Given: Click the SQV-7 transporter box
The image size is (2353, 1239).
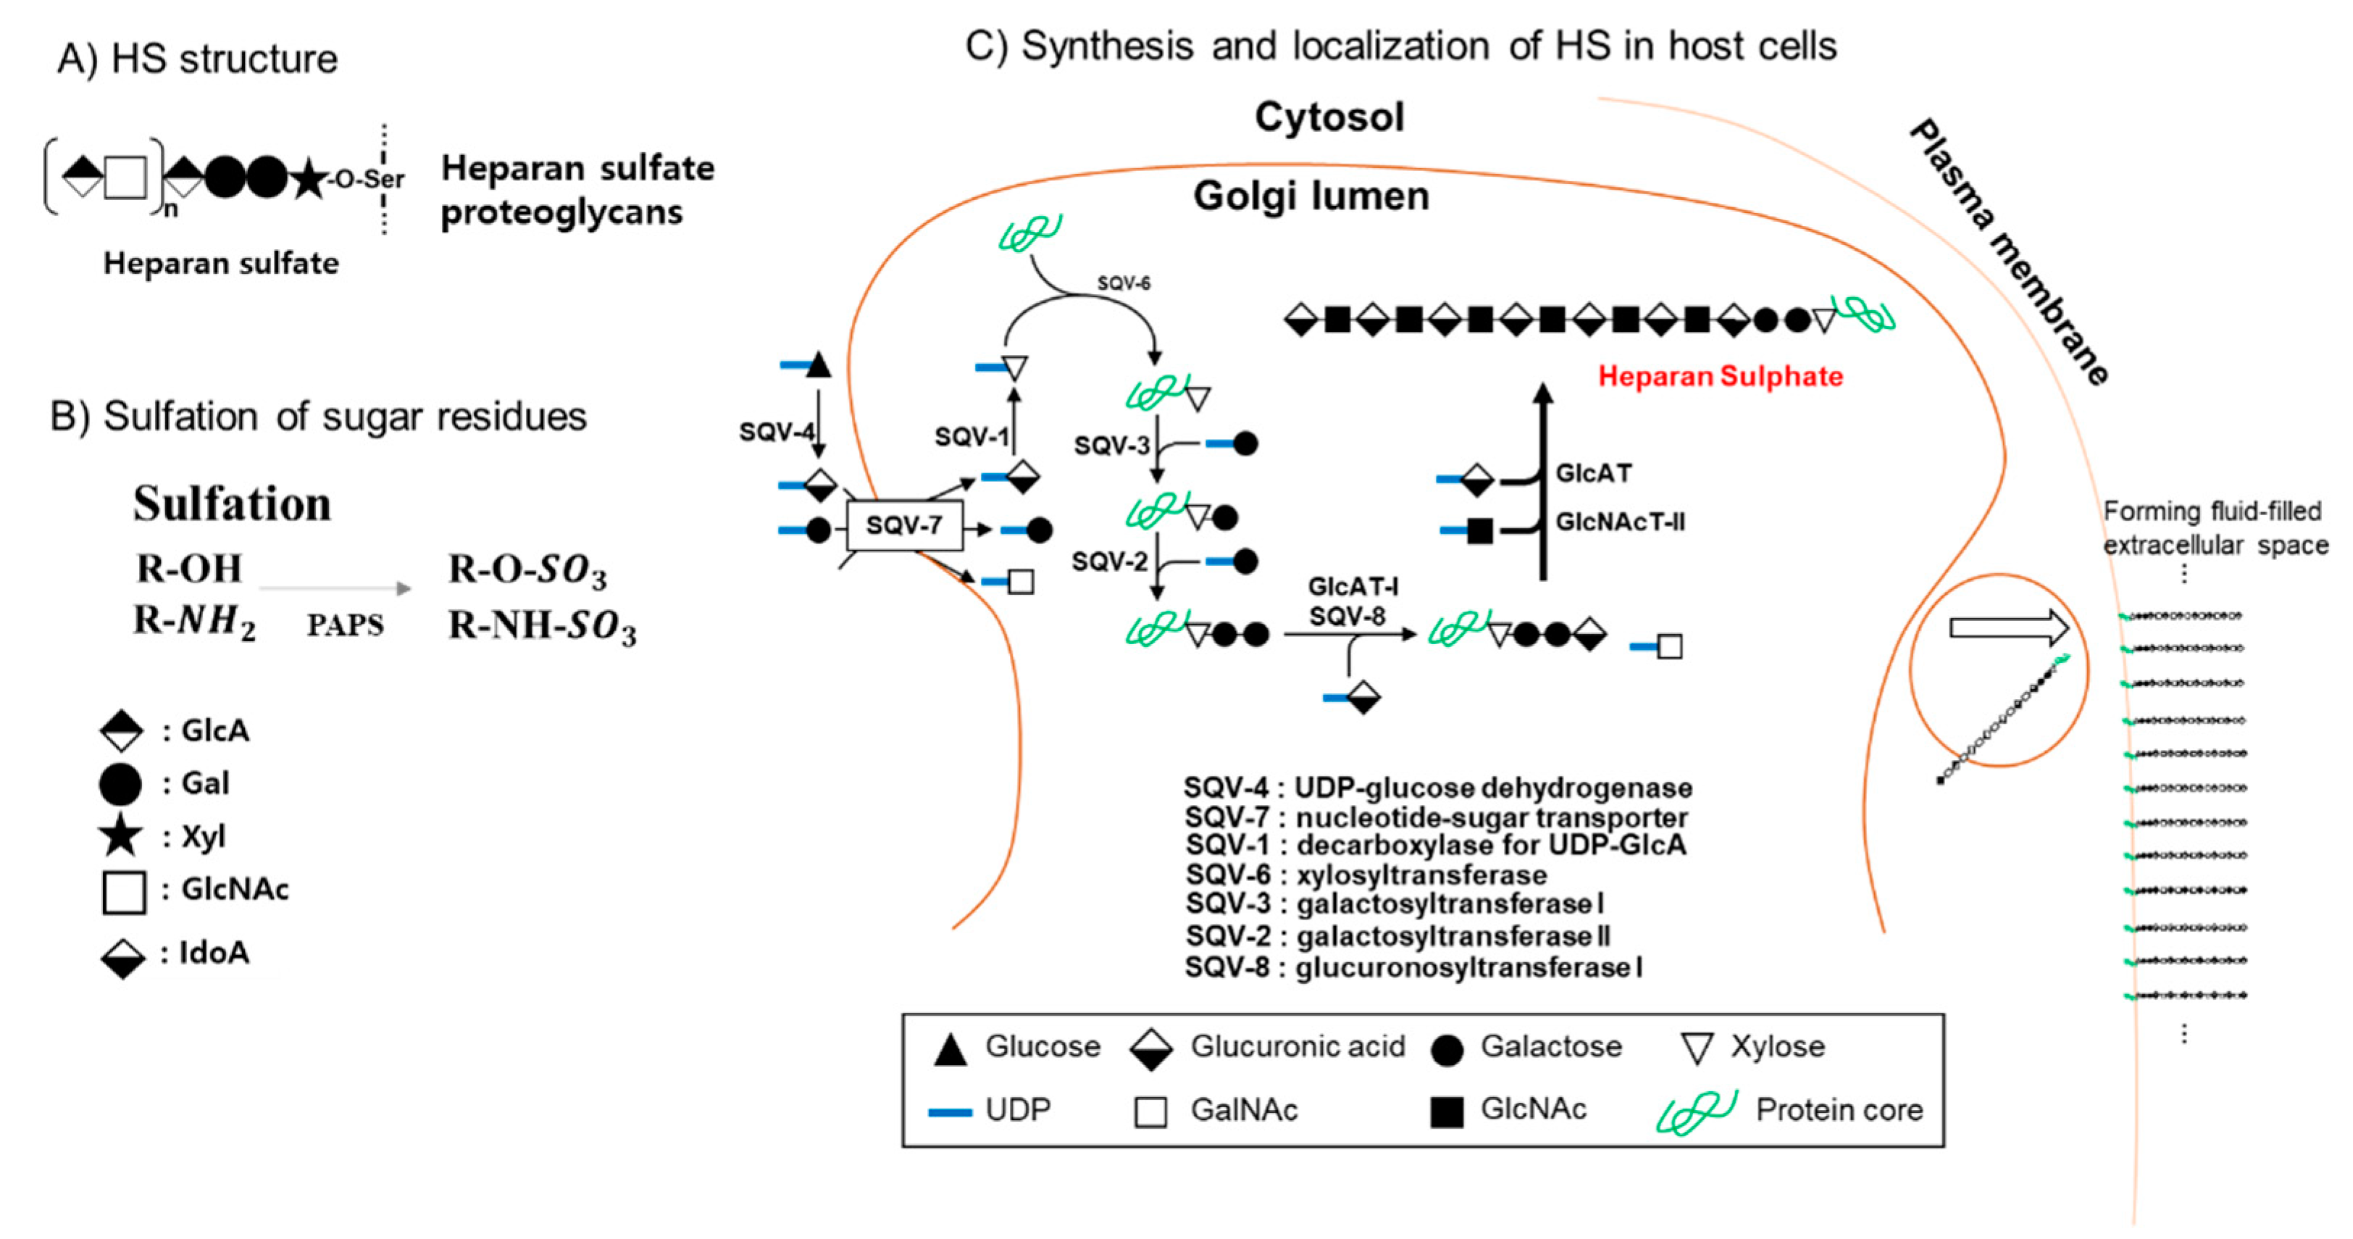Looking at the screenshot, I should point(903,525).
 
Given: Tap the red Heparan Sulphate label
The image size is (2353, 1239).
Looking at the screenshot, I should point(1720,377).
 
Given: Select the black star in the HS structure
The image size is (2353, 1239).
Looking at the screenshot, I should point(309,178).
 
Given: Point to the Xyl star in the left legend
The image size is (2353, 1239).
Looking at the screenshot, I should point(120,836).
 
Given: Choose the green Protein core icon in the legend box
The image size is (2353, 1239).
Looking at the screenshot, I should point(1695,1111).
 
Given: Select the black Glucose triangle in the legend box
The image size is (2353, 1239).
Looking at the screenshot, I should point(950,1050).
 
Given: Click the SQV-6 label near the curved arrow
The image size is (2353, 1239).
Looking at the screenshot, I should point(1123,283).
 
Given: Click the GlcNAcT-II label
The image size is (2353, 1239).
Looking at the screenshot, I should point(1620,522).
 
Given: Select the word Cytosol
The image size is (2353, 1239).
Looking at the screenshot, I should point(1329,117).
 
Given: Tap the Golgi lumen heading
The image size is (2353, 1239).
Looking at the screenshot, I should point(1311,196).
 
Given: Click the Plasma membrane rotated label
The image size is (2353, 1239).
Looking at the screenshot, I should point(2009,251).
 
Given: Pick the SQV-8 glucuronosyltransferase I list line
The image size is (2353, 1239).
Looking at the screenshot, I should point(1413,967).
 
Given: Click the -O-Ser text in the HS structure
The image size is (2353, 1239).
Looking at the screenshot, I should point(367,179).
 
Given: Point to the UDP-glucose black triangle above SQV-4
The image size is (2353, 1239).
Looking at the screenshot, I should point(819,364).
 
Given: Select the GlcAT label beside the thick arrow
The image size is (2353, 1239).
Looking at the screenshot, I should point(1593,473).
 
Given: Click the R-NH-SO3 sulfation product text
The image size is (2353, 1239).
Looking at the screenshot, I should point(542,627).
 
